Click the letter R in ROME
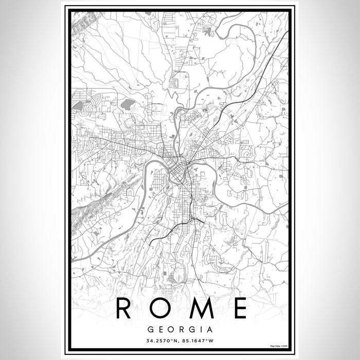(125, 308)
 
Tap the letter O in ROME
(160, 308)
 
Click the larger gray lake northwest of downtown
(127, 105)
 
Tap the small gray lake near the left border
(78, 105)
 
